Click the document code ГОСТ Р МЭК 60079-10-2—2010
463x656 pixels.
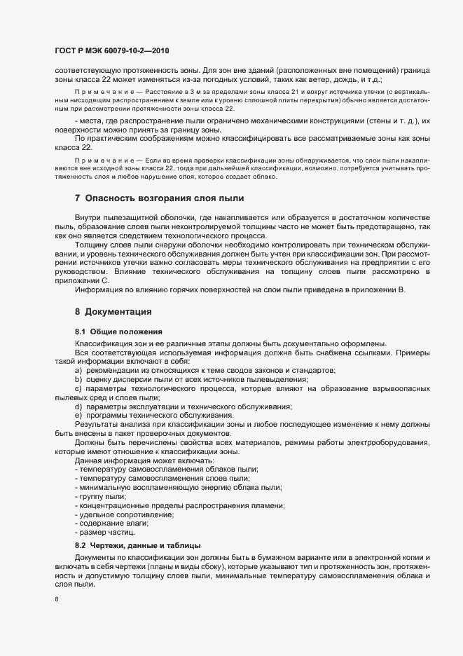(x=112, y=51)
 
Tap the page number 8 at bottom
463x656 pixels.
(x=57, y=600)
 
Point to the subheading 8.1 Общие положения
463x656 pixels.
(x=118, y=331)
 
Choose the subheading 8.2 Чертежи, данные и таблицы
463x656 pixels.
(x=138, y=545)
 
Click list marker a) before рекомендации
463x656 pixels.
(x=78, y=369)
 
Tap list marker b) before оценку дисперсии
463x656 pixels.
(x=78, y=378)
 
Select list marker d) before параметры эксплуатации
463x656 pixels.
(x=78, y=406)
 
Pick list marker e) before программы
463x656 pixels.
(x=78, y=416)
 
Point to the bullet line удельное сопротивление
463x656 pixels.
(x=125, y=514)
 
